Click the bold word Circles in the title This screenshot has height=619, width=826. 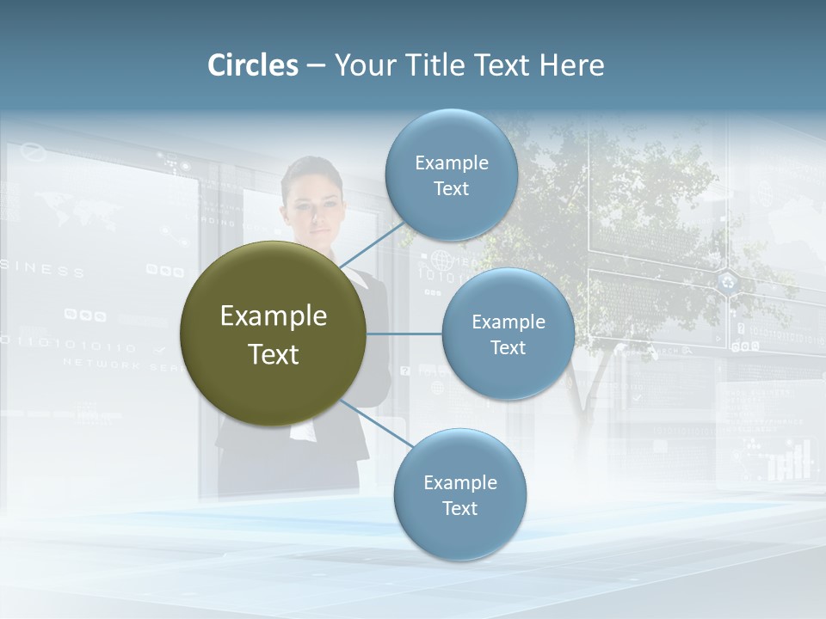pos(253,65)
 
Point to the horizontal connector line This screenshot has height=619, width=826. pos(404,334)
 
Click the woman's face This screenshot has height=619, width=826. pos(312,206)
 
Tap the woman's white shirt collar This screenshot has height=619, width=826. pos(354,279)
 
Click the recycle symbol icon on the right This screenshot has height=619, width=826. pos(729,281)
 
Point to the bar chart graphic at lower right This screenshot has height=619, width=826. pos(788,460)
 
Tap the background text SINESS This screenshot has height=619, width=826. pos(43,271)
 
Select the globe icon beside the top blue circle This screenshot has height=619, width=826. pos(441,259)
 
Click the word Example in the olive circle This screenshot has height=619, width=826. pos(273,316)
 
